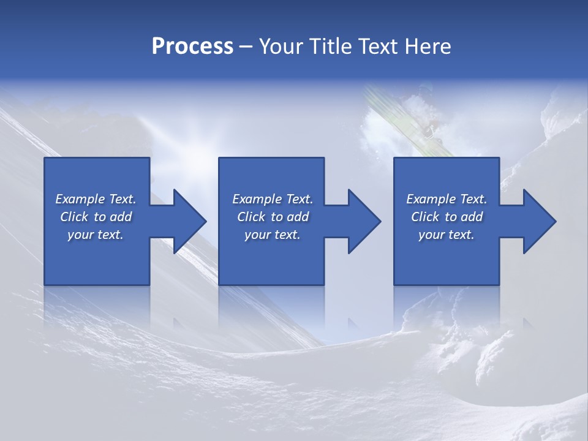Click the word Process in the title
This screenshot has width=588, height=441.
pyautogui.click(x=192, y=47)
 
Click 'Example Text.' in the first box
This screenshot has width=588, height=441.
pyautogui.click(x=96, y=199)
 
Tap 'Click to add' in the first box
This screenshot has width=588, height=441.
pyautogui.click(x=96, y=217)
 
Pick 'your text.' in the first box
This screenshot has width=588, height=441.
pyautogui.click(x=96, y=235)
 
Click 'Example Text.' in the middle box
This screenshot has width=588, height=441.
pyautogui.click(x=273, y=199)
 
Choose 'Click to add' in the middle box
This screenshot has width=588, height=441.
pyautogui.click(x=273, y=217)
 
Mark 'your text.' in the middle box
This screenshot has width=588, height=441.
pyautogui.click(x=273, y=235)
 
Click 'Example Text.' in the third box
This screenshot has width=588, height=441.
pyautogui.click(x=447, y=199)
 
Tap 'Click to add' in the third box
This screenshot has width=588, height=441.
pyautogui.click(x=447, y=217)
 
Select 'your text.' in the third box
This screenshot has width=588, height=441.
pyautogui.click(x=447, y=235)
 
